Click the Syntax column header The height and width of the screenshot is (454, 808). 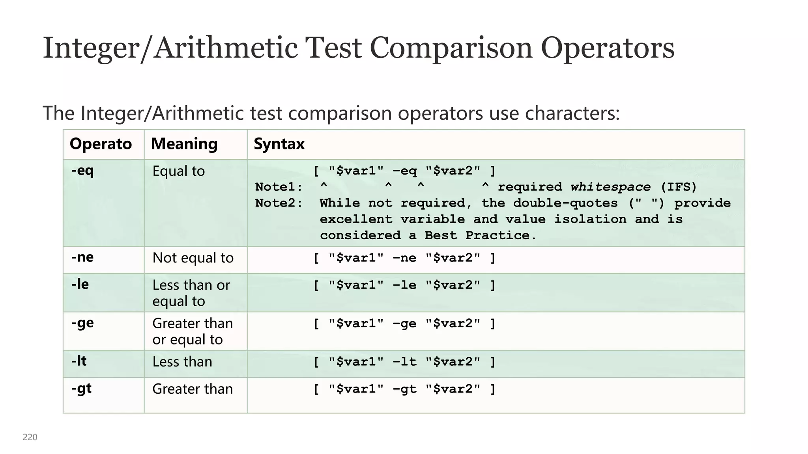pos(279,144)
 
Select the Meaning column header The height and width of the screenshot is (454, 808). pos(184,144)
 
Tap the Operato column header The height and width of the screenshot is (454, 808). pos(101,144)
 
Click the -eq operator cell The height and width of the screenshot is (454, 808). pos(82,171)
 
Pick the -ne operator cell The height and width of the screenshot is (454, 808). pos(82,257)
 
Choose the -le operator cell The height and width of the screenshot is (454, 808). pos(80,284)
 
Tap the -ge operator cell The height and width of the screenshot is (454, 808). pos(82,323)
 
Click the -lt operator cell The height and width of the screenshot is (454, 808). pos(79,361)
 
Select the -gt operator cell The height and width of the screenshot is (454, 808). pos(82,389)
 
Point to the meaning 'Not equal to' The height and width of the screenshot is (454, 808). pos(193,258)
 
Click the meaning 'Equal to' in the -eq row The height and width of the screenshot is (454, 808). pos(179,171)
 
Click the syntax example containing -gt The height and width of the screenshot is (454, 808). pos(404,389)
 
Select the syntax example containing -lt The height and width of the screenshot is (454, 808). pos(404,362)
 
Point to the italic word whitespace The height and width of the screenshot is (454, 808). pos(610,187)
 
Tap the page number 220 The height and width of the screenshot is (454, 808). pos(30,437)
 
